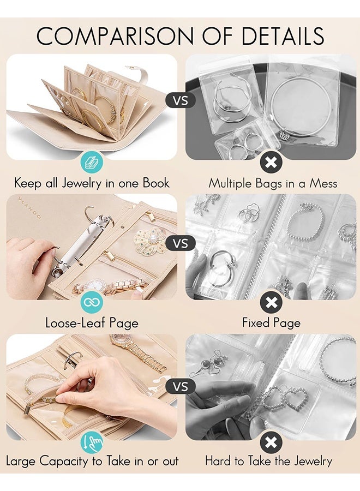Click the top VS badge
[x=180, y=100]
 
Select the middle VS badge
[x=180, y=243]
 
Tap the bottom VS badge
[x=180, y=386]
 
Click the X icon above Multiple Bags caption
[x=271, y=161]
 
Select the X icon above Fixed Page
[x=271, y=302]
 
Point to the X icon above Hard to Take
[x=271, y=442]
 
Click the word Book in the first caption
[x=156, y=183]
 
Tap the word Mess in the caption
[x=324, y=183]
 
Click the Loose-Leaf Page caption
[x=92, y=323]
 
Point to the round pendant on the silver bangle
[x=283, y=134]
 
